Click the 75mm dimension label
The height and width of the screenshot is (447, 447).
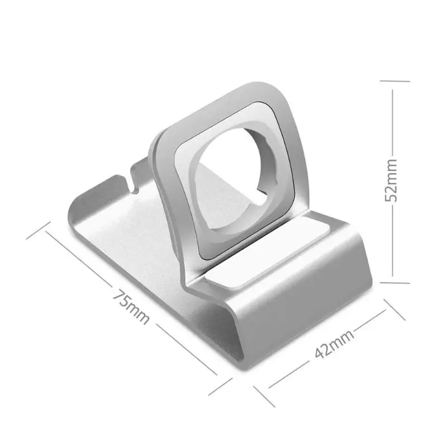click(x=131, y=307)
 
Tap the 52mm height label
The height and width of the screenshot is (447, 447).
click(x=391, y=180)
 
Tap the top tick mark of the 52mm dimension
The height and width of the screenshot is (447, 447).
click(x=395, y=81)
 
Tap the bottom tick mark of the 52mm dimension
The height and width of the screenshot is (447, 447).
click(x=395, y=283)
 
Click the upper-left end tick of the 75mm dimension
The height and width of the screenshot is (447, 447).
click(x=38, y=230)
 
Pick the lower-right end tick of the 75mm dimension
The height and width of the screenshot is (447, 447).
click(x=220, y=387)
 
